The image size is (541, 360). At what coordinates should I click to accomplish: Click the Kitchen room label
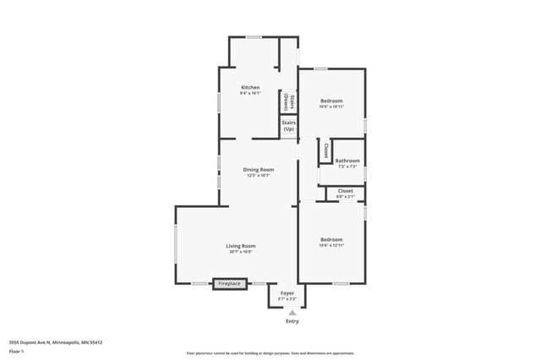pos(250,87)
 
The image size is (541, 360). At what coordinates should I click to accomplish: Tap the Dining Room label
pos(259,170)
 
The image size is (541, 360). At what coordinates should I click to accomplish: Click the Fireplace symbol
pos(230,284)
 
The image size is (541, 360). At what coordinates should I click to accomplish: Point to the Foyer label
pos(287,292)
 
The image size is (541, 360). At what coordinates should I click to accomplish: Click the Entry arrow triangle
pos(292,313)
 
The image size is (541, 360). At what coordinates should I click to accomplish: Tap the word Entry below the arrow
pos(292,322)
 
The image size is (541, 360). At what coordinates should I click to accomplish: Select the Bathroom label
pos(347,161)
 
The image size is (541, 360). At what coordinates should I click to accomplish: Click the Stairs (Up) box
pos(288,126)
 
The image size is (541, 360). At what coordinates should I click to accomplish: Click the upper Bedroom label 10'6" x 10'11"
pos(331,101)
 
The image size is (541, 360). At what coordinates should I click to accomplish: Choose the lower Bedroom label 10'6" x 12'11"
pos(331,239)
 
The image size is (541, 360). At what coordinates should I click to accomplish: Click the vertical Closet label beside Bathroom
pos(325,150)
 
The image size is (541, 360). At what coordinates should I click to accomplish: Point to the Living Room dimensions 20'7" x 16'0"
pos(240,252)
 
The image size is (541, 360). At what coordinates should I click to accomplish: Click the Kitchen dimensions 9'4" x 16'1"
pos(250,93)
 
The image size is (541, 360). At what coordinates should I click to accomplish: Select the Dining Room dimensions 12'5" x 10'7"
pos(259,176)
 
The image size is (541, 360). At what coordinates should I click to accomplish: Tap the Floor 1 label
pos(16,352)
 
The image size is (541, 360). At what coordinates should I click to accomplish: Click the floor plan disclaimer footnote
pos(270,353)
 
